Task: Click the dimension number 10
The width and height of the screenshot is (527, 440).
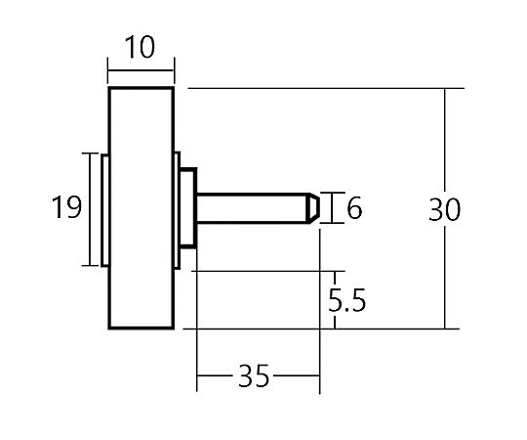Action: point(140,47)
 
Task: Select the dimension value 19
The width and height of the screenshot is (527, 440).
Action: point(67,207)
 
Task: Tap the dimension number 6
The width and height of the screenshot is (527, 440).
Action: point(354,207)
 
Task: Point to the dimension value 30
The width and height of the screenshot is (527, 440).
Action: point(444,209)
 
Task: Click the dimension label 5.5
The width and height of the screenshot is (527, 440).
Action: point(346,300)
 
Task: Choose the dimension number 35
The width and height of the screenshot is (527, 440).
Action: point(254,375)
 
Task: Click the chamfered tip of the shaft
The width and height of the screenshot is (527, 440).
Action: point(313,208)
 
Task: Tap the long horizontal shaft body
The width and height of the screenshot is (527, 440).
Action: point(252,208)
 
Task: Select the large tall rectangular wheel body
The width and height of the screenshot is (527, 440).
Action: point(142,207)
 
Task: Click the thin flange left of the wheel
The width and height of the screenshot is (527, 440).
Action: point(104,210)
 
